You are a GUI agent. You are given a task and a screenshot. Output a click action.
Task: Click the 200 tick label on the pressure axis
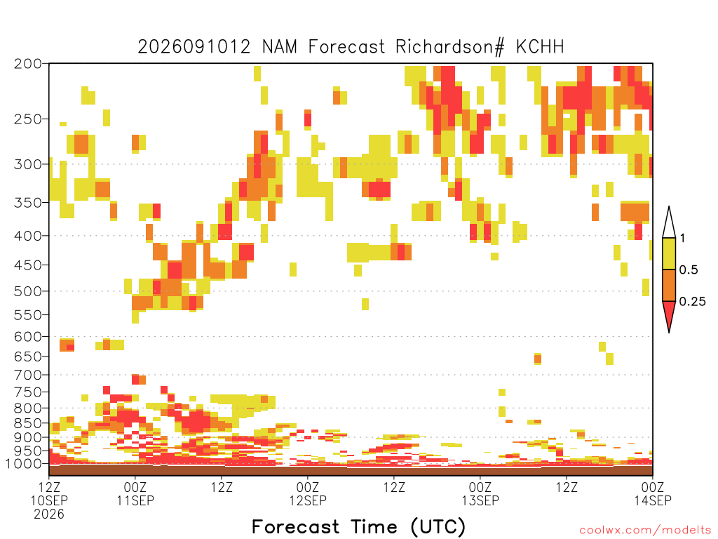click(28, 64)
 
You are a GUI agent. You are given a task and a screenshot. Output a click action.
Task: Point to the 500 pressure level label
click(28, 291)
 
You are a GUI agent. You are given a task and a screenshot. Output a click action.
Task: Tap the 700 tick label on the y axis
click(28, 375)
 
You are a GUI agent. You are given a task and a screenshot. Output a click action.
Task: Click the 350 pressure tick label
click(28, 202)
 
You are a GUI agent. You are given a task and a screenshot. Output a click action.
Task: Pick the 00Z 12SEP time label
click(308, 493)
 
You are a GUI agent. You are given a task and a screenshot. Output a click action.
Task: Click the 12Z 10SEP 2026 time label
click(49, 500)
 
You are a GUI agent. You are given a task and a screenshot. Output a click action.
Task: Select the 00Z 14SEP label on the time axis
click(653, 493)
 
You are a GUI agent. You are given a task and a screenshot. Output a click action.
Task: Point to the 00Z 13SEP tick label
click(480, 493)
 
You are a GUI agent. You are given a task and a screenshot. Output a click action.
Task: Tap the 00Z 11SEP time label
click(135, 493)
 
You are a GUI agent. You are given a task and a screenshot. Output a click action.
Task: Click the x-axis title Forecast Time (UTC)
click(358, 526)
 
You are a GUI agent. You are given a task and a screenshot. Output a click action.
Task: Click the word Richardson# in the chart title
click(450, 47)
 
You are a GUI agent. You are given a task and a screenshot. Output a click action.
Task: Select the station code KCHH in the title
click(540, 47)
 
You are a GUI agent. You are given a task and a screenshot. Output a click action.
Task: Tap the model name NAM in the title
click(279, 47)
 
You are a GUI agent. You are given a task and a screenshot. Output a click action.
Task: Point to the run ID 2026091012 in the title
click(194, 47)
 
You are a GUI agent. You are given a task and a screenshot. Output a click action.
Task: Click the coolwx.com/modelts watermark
click(645, 531)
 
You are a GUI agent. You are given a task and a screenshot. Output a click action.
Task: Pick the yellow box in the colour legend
click(669, 253)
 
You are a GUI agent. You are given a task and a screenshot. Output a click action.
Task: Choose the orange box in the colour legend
click(669, 285)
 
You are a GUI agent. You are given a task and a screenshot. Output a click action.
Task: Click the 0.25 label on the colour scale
click(692, 301)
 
